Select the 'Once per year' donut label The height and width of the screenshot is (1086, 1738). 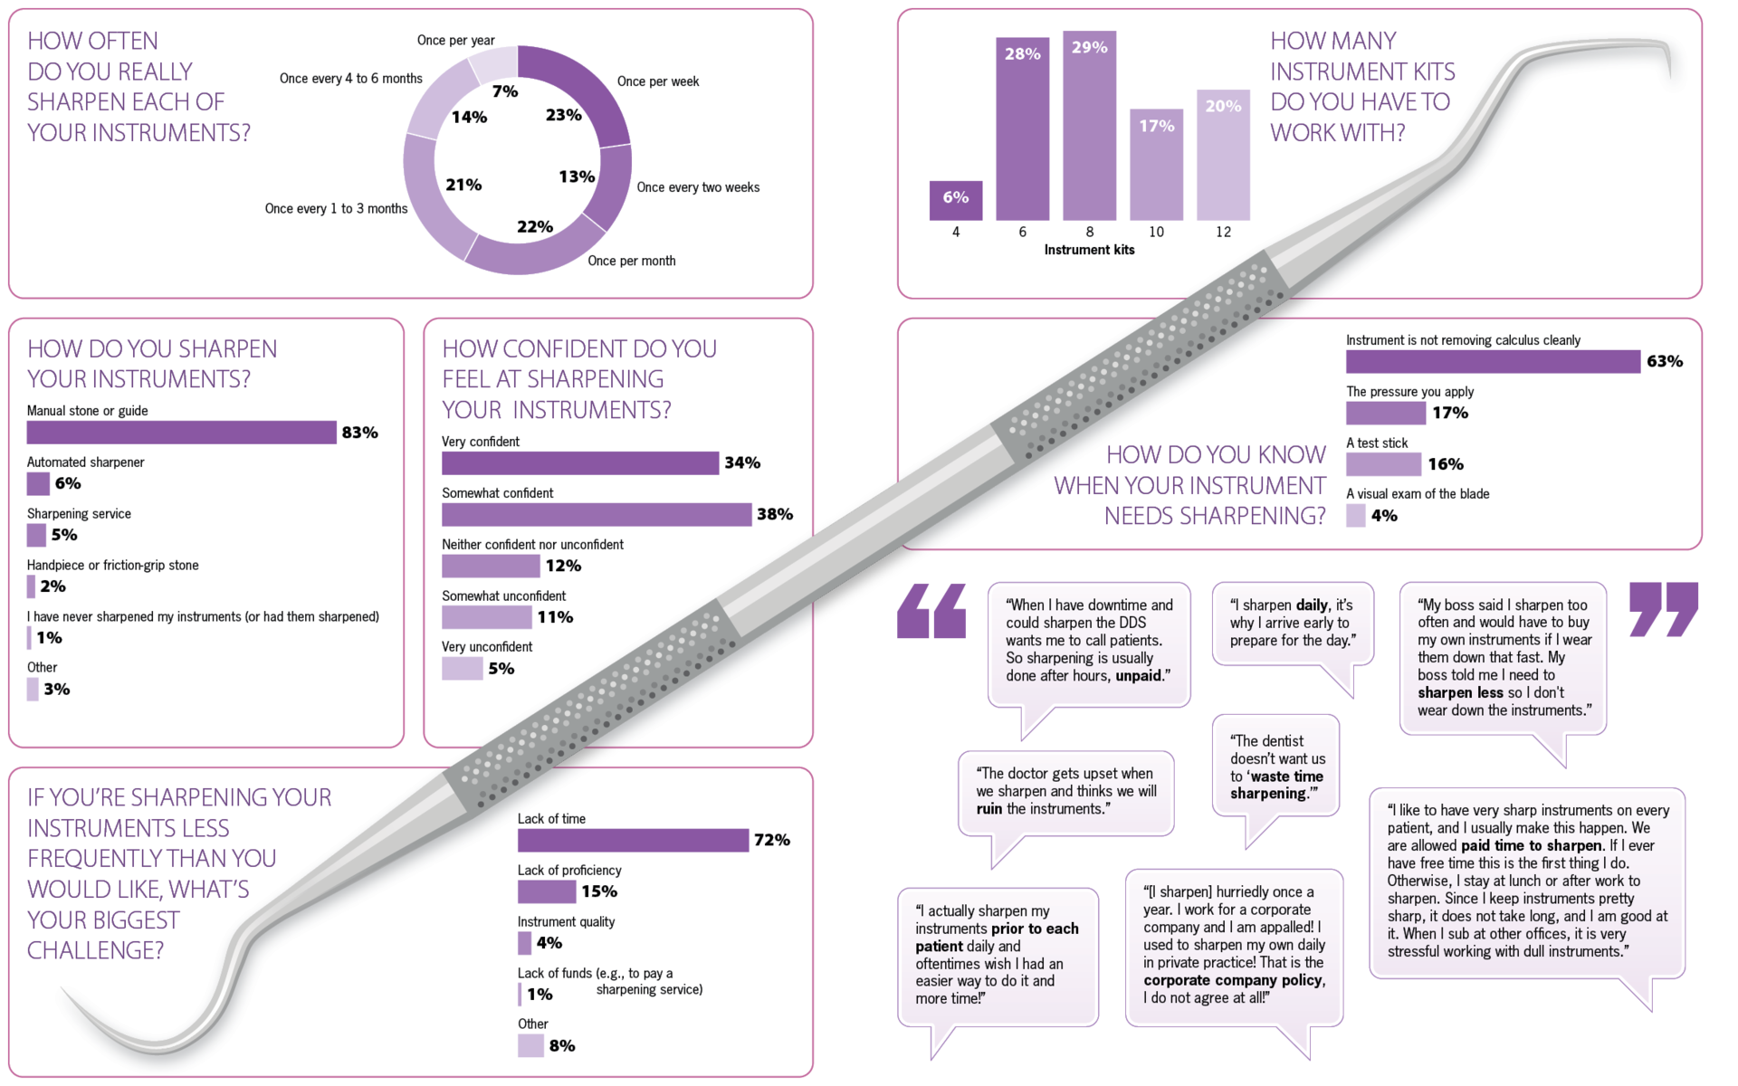pos(455,41)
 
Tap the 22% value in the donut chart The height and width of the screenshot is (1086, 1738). pos(535,226)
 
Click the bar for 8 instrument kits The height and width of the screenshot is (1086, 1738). pos(1089,127)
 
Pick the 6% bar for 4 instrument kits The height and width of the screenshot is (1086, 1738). pos(955,200)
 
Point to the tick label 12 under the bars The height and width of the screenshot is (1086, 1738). pos(1223,233)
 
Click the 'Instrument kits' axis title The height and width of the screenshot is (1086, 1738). pos(1089,250)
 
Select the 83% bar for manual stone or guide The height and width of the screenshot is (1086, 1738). pos(181,433)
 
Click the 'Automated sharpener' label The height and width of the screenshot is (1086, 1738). pos(85,462)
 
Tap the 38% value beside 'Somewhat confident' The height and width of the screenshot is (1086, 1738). pos(775,514)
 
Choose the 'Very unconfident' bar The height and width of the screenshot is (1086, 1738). pos(462,669)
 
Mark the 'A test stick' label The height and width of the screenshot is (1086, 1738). pos(1377,443)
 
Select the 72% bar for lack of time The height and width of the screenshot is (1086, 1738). pos(633,840)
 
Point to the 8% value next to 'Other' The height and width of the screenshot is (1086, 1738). pos(562,1045)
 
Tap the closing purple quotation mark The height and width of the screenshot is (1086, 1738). pos(1663,608)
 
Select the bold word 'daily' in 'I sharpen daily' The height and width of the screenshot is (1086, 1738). pos(1312,605)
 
